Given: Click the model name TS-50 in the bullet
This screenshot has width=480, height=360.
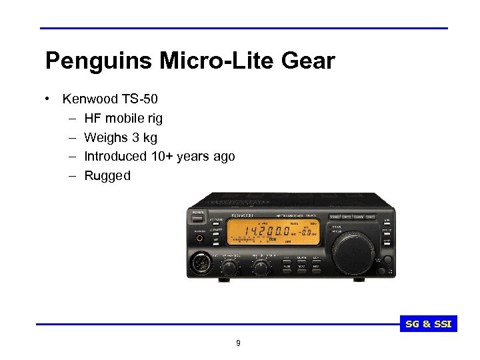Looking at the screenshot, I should coord(140,99).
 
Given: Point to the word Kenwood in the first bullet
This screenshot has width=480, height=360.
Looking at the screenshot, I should coord(90,99).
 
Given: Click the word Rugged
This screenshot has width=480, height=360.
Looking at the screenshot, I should coord(107,176).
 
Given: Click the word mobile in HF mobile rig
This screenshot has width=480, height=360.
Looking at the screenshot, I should coord(127,119).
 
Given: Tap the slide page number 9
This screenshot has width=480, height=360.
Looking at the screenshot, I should coord(238,344).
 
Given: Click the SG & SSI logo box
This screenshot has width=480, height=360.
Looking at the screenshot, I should coord(429,325).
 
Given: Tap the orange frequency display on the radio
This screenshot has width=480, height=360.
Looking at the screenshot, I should coord(273,233).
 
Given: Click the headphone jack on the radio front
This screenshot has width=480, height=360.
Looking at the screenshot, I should coord(198,238).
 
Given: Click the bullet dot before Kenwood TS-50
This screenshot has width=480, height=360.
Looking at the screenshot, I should coord(49,99).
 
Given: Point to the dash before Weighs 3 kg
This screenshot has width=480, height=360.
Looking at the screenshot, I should coord(71,138).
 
